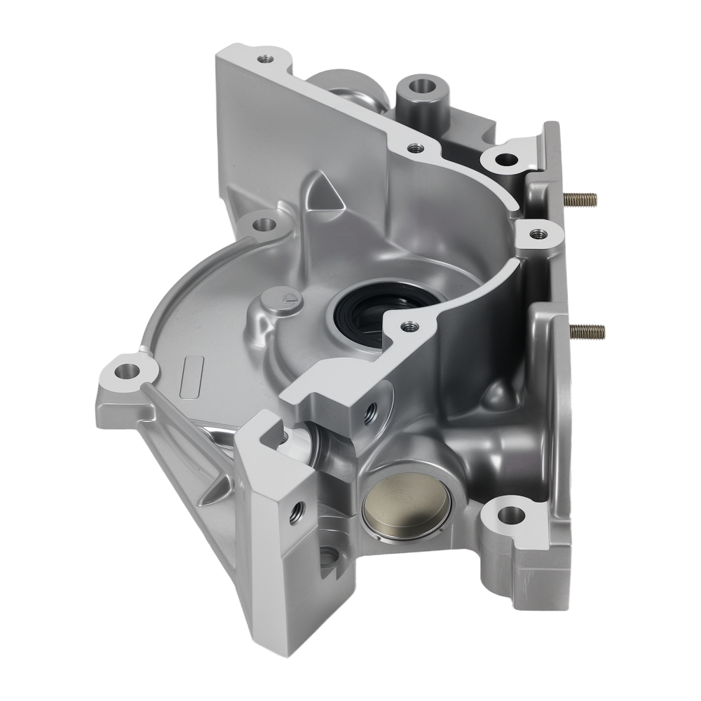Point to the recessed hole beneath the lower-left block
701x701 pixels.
(x=330, y=557)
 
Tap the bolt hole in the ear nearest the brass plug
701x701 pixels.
(x=509, y=517)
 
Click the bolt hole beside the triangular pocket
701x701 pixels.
(x=264, y=225)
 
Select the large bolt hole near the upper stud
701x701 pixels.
(x=504, y=158)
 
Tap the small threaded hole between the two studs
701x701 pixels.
(x=538, y=233)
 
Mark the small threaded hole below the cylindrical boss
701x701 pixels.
(x=416, y=148)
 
